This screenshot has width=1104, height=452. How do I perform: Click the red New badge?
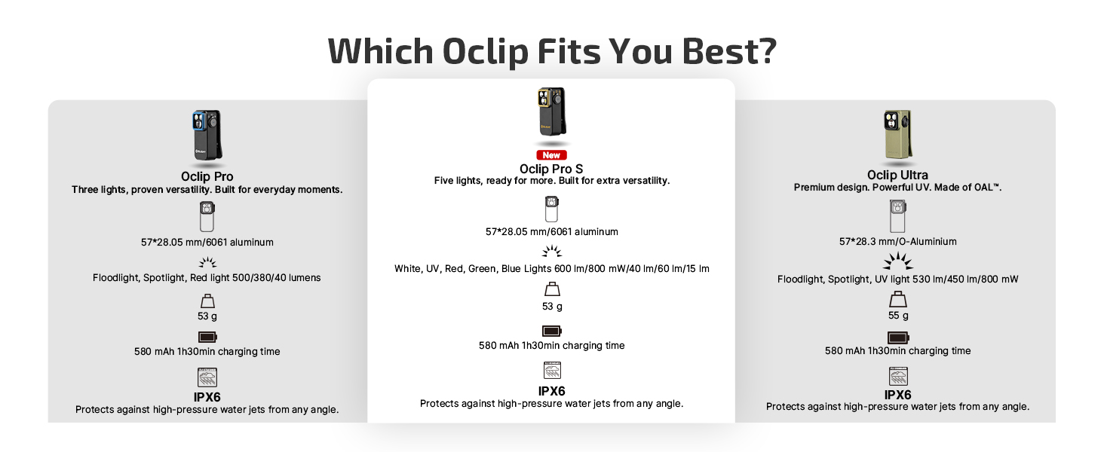tap(551, 154)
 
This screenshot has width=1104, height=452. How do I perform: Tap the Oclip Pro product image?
tap(207, 136)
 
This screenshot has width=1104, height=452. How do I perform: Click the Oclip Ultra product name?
tap(897, 176)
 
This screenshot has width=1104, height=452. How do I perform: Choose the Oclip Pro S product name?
tap(551, 169)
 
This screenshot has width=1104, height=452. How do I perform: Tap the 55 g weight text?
tap(898, 316)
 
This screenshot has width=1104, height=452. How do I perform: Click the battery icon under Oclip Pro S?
tap(552, 331)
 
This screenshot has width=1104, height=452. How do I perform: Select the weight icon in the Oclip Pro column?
tap(207, 301)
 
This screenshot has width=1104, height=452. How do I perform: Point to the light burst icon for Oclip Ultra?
tap(897, 262)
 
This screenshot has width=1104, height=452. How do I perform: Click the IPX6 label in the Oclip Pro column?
tap(207, 397)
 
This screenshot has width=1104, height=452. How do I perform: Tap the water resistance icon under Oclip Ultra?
tap(898, 375)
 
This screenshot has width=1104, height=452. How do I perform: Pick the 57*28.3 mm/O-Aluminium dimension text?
tap(897, 242)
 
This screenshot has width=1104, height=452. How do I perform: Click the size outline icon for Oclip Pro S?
tap(552, 209)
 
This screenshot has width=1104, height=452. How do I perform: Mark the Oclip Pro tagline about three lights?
tap(207, 190)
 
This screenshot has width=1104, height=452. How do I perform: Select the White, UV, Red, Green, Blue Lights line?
tap(551, 269)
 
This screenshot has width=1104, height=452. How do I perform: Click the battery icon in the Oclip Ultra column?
tap(898, 337)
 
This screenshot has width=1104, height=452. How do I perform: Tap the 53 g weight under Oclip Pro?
tap(207, 316)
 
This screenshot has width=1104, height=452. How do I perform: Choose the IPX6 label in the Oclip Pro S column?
tap(552, 391)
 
